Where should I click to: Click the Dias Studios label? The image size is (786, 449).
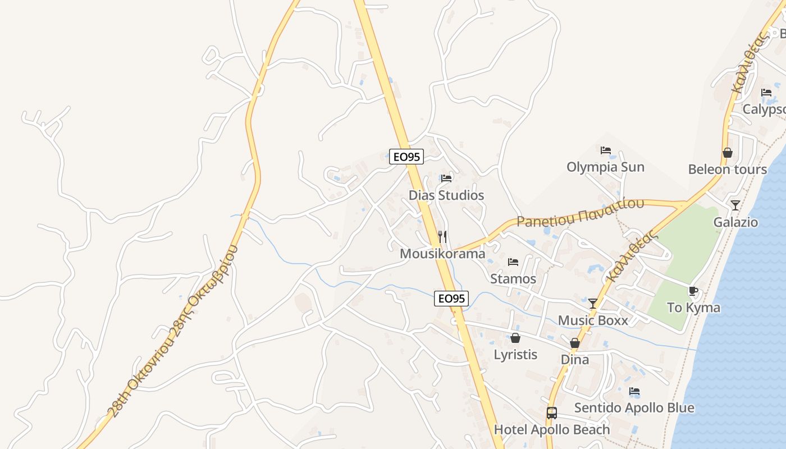(x=446, y=195)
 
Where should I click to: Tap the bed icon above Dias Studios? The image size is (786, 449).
(x=446, y=178)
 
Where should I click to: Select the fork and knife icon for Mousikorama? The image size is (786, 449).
(x=442, y=237)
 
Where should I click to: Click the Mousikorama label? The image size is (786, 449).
(x=442, y=254)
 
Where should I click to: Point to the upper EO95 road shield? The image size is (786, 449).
(x=406, y=157)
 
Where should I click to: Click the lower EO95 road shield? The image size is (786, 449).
(x=451, y=299)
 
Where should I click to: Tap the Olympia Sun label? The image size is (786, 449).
(x=605, y=167)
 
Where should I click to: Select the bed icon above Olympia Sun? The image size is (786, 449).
(x=605, y=150)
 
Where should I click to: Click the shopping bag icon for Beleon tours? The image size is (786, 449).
(x=728, y=153)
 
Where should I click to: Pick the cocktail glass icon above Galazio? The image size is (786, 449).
(x=735, y=205)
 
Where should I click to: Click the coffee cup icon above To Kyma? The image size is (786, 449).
(x=693, y=291)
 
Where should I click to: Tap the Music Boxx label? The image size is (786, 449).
(x=593, y=320)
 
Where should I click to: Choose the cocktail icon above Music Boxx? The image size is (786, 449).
(x=593, y=304)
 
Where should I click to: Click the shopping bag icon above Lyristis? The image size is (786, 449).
(x=515, y=338)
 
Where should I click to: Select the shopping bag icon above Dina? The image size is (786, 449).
(x=575, y=343)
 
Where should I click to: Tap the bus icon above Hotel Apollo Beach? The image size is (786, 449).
(x=552, y=413)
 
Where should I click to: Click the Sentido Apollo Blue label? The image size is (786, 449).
(x=634, y=408)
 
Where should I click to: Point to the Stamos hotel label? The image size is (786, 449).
(x=513, y=278)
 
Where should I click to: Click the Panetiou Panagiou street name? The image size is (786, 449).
(x=581, y=213)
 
